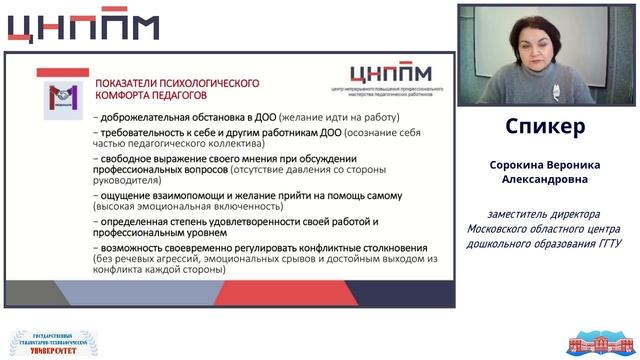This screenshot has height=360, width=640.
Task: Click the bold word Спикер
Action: (x=546, y=129)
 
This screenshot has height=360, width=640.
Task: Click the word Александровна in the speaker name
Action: (x=546, y=181)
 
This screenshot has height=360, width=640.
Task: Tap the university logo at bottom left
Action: (x=47, y=342)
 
